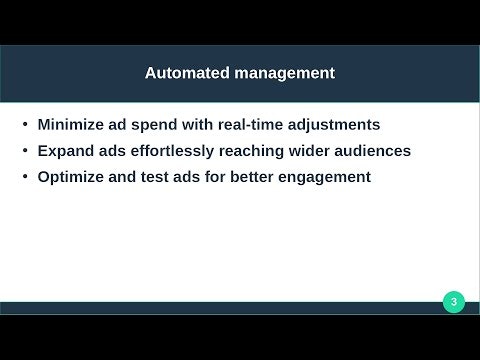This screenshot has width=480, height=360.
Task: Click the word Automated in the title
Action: point(184,73)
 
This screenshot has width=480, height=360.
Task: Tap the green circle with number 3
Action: point(454,302)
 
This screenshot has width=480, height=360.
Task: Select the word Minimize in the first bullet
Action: point(72,125)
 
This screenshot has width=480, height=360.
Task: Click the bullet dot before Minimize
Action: point(25,126)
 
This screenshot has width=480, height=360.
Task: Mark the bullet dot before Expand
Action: point(25,152)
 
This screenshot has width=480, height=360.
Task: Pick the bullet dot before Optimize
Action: point(25,178)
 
